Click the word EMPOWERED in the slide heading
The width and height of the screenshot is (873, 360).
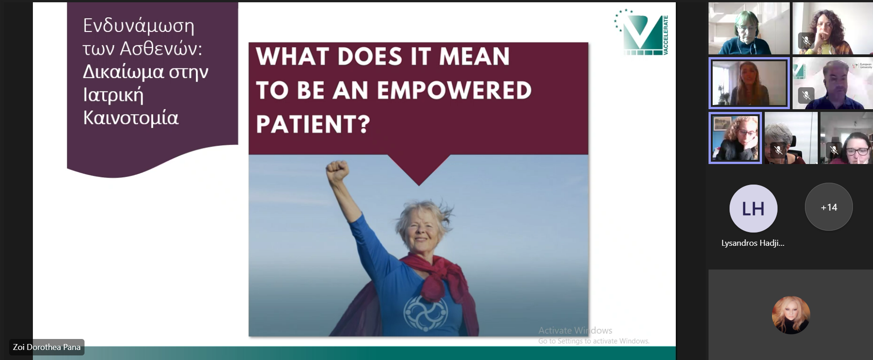pyautogui.click(x=454, y=90)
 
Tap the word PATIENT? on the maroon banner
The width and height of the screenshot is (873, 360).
pyautogui.click(x=313, y=124)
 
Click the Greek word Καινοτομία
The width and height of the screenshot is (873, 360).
pyautogui.click(x=131, y=118)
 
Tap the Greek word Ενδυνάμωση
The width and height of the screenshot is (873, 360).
pyautogui.click(x=138, y=26)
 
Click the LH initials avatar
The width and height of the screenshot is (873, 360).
pyautogui.click(x=753, y=208)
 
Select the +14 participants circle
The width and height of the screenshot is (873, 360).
pyautogui.click(x=829, y=207)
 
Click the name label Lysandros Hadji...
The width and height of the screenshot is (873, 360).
pyautogui.click(x=753, y=243)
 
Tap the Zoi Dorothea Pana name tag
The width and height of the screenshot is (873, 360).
pyautogui.click(x=47, y=347)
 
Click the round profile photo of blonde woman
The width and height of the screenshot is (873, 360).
pyautogui.click(x=791, y=315)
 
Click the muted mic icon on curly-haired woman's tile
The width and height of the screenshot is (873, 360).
pyautogui.click(x=806, y=41)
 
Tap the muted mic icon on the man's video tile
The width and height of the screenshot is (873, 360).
pyautogui.click(x=806, y=95)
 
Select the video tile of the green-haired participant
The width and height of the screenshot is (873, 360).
pyautogui.click(x=749, y=28)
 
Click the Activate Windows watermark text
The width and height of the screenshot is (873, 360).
pyautogui.click(x=575, y=330)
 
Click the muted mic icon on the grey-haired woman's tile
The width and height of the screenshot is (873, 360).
pyautogui.click(x=778, y=149)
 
